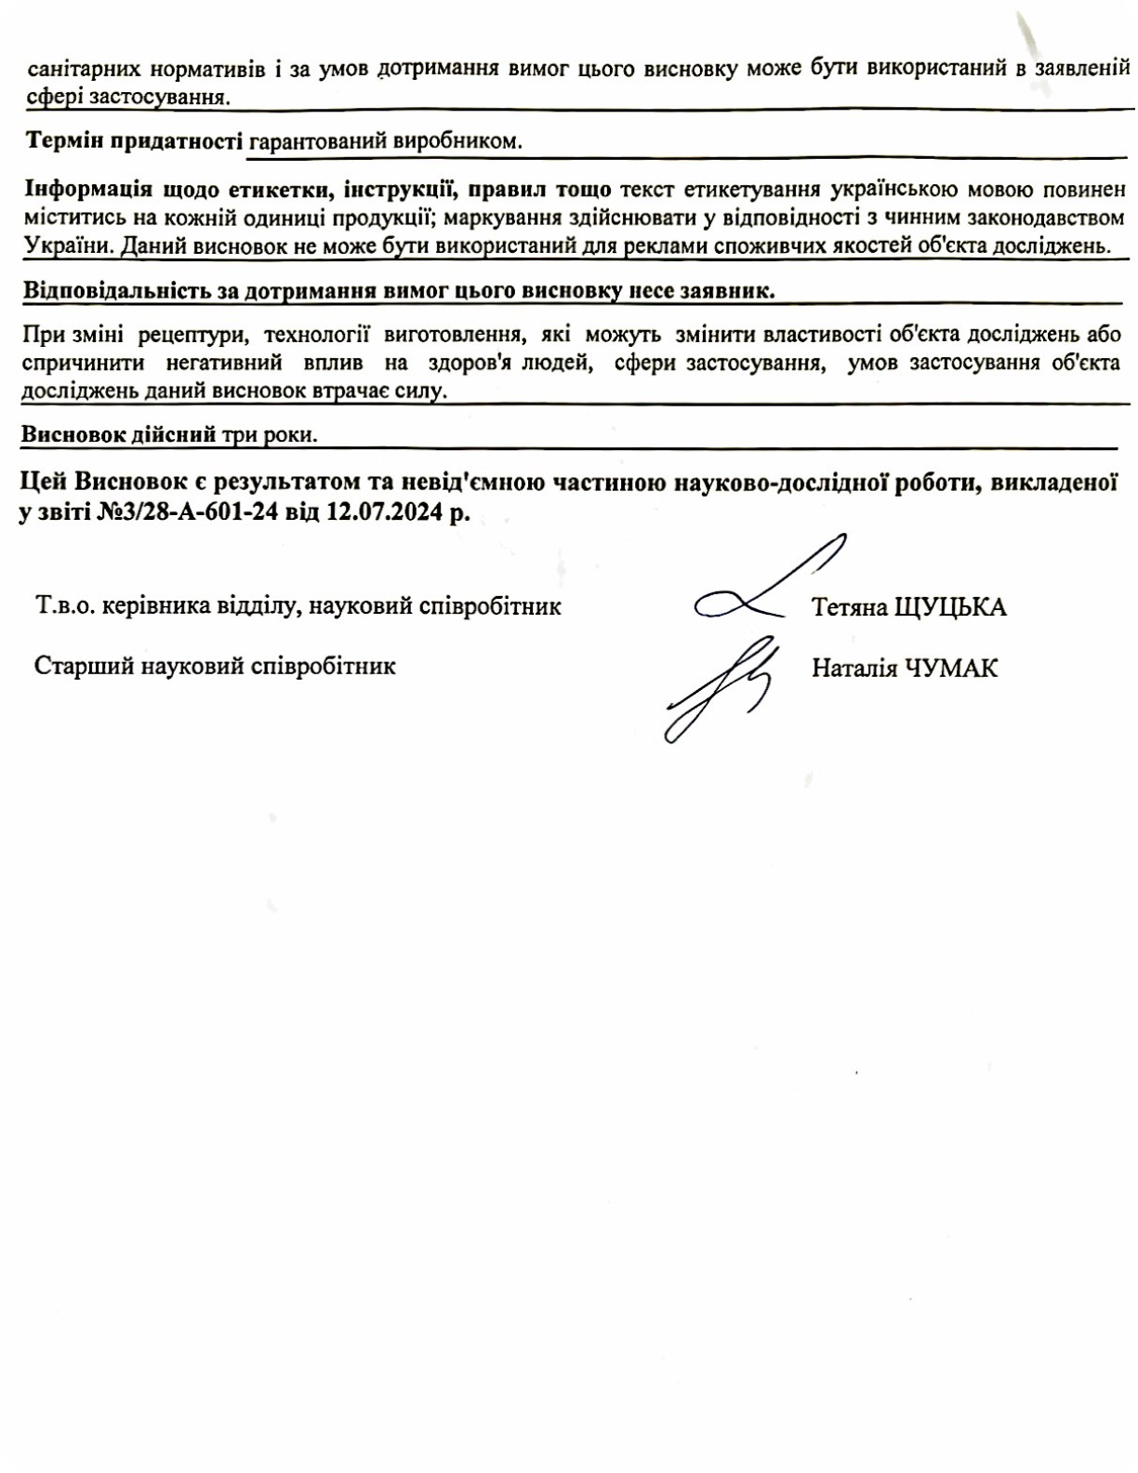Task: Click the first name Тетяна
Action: click(x=849, y=607)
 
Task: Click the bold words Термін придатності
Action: click(x=134, y=141)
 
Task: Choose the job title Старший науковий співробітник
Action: click(x=215, y=666)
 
